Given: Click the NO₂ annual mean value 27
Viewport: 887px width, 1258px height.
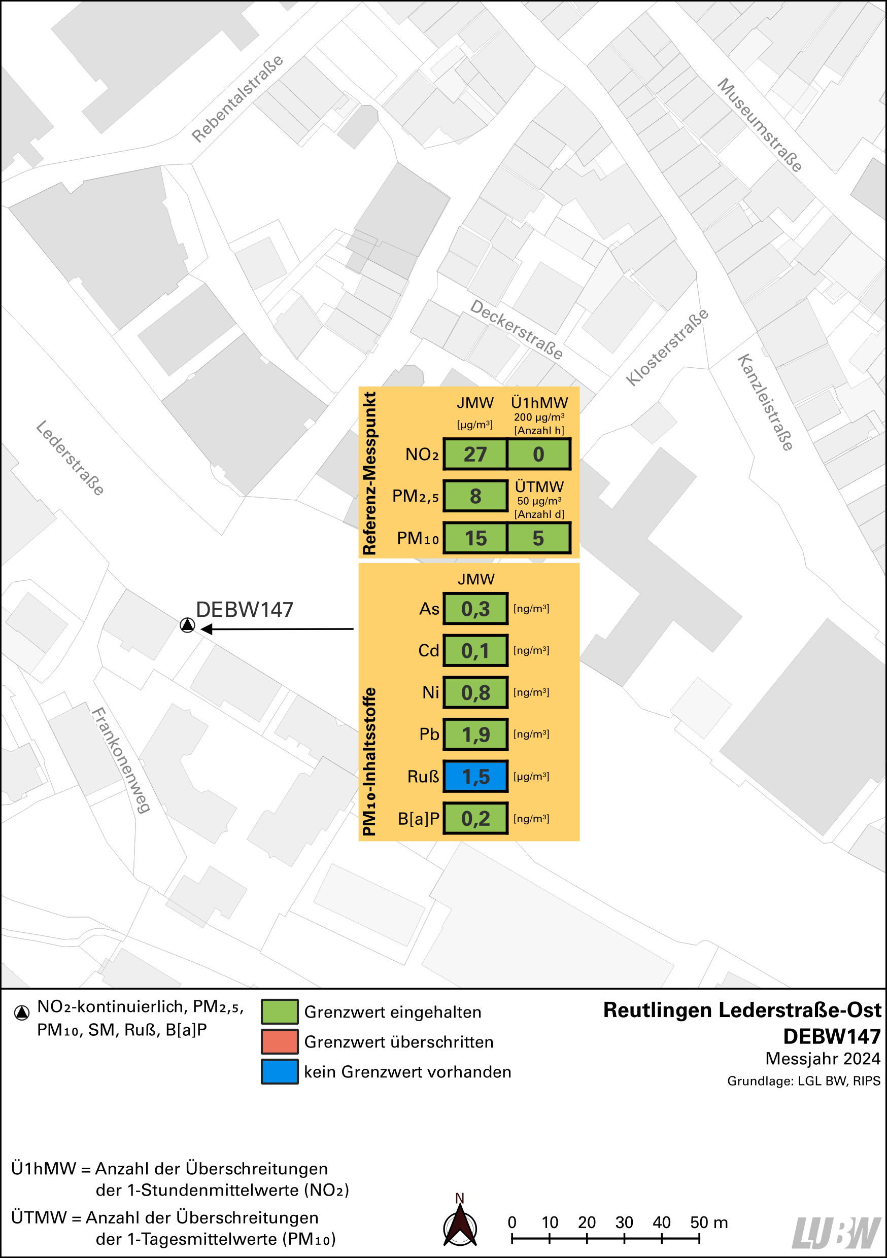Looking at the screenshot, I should [475, 454].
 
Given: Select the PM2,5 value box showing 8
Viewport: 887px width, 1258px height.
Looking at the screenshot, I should [475, 496].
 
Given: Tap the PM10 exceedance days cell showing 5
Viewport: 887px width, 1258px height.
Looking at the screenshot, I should [538, 538].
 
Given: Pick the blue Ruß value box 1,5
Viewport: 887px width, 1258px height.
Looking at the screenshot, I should [475, 777].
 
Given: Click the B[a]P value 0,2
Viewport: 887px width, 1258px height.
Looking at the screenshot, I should [475, 819].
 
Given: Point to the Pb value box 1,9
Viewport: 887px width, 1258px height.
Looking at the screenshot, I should [475, 734].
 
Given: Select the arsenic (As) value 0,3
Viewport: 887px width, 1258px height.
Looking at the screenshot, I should [475, 609].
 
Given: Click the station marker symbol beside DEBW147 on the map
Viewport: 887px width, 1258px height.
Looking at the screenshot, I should [187, 625].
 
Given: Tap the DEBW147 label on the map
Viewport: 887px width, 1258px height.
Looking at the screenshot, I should [245, 610].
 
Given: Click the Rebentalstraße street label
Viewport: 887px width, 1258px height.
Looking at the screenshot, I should [237, 98].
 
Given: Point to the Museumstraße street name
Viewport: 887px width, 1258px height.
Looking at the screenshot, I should [760, 125].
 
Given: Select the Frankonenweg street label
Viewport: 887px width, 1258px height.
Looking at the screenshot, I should [121, 760].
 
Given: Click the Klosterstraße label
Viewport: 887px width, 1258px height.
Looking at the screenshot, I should [667, 347].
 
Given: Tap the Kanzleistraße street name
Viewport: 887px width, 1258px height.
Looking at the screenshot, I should [765, 402].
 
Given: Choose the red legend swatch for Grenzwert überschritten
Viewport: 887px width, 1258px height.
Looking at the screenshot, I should [280, 1041].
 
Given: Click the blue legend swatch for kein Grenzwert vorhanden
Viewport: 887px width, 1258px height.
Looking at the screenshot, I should [280, 1072].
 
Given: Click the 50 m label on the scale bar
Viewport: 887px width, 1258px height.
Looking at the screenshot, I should [708, 1222].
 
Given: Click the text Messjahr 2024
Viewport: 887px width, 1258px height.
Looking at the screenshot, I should [823, 1059].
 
